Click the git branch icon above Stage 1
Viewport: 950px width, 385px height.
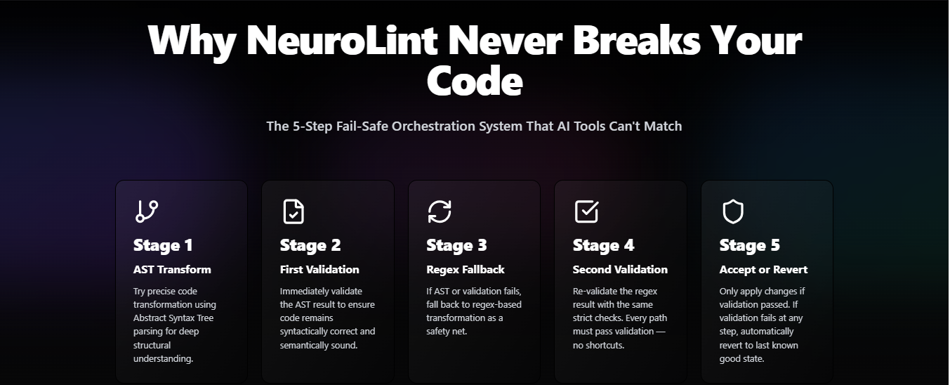[x=147, y=211]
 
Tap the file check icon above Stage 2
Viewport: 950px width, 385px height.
[x=293, y=211]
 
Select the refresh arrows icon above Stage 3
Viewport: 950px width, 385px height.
[x=440, y=211]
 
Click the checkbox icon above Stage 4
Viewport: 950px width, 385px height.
[x=586, y=211]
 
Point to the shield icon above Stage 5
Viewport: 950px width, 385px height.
[x=733, y=211]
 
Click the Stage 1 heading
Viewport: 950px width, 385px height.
[x=163, y=245]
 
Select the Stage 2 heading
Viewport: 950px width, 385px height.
[x=310, y=245]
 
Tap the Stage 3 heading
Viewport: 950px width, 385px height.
[x=456, y=245]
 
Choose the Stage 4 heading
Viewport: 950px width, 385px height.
[x=603, y=245]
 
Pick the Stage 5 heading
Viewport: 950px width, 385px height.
[x=749, y=245]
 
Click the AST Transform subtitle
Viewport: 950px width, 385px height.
[x=172, y=270]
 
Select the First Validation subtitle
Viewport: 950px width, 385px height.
[x=319, y=270]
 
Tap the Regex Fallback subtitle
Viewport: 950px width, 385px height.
[x=466, y=270]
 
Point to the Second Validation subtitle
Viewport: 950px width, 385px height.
[x=620, y=270]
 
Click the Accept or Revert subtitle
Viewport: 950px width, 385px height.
[x=763, y=270]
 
